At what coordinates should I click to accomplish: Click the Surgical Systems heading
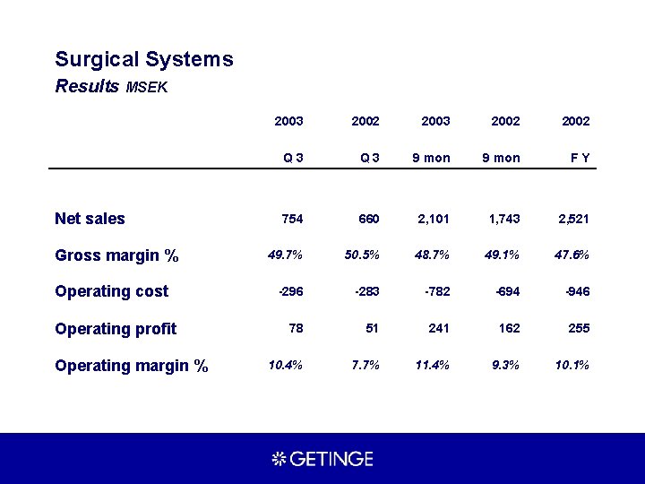(x=144, y=60)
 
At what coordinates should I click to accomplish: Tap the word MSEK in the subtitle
(x=148, y=88)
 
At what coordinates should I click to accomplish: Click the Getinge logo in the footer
(x=322, y=459)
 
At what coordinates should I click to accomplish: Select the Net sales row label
(x=90, y=219)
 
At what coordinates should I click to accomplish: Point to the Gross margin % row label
(x=116, y=255)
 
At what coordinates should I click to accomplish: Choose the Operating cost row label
(x=112, y=291)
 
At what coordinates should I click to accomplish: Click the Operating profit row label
(x=116, y=329)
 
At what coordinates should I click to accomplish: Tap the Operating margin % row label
(x=132, y=366)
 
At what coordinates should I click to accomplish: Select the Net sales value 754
(x=292, y=219)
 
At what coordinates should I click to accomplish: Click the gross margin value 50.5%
(x=362, y=255)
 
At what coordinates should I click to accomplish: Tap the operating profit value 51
(x=372, y=328)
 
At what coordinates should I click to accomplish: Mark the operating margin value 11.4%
(x=432, y=365)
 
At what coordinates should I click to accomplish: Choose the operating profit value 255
(x=579, y=328)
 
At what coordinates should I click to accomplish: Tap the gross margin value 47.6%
(x=572, y=255)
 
